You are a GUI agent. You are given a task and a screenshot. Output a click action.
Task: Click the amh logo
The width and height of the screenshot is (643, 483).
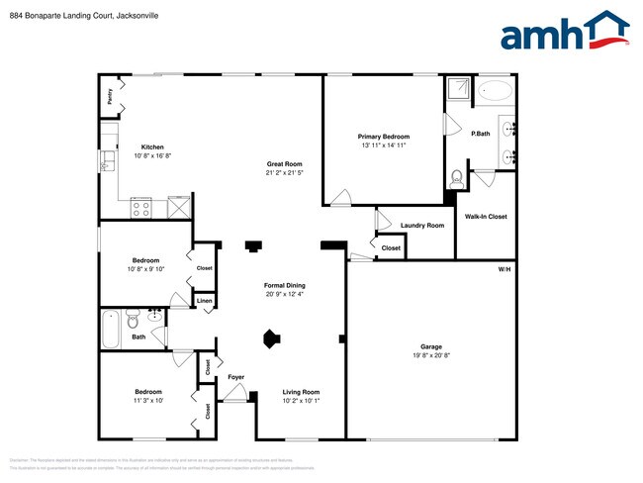[564, 31]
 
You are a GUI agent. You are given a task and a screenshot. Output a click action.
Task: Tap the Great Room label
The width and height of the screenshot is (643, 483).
[284, 163]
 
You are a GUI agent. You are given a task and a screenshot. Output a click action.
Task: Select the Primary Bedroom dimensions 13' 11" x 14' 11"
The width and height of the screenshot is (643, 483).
[383, 145]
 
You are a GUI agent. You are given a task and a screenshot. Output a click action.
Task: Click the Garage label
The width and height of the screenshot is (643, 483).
[430, 347]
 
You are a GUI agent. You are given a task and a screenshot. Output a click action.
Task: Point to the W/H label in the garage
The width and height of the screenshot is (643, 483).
[504, 269]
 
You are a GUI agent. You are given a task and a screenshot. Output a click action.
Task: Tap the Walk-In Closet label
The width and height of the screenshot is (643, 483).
[486, 216]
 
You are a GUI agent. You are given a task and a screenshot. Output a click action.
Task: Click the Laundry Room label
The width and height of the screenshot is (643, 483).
[422, 225]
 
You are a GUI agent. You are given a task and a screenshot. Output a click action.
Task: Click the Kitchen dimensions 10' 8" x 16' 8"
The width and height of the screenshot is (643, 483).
[151, 155]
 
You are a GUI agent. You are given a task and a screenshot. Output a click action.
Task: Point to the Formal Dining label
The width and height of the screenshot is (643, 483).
[284, 285]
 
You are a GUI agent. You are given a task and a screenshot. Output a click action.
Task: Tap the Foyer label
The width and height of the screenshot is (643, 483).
[236, 377]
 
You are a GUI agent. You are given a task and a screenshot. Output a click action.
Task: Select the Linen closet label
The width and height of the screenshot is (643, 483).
[204, 301]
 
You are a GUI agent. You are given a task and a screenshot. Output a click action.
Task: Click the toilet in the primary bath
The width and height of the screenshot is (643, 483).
[456, 179]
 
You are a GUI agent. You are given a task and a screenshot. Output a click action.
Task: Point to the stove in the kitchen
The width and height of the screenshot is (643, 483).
[141, 208]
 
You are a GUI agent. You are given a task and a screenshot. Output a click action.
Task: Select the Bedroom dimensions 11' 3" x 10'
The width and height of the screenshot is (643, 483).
[148, 401]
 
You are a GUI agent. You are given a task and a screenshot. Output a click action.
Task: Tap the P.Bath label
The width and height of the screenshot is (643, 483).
[481, 134]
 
